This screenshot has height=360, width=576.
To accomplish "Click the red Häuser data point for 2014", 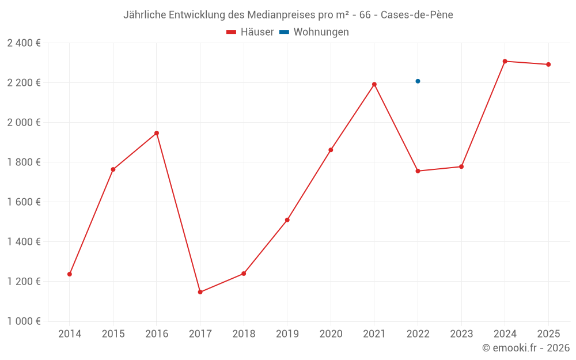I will coord(70,274).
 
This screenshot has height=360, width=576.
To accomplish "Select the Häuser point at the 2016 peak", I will coord(157,133).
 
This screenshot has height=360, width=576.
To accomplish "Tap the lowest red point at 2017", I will coord(200,292).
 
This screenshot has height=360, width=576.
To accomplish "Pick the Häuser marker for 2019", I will coord(287,220).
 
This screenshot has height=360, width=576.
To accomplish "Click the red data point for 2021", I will coord(374,85).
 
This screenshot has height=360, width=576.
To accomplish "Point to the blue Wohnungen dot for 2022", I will coord(418,81).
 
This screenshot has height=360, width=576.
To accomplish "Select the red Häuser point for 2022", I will coord(418,171).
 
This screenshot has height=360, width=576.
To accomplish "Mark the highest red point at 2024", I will coord(505,61).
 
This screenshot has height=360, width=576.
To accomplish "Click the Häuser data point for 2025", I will coord(548,65).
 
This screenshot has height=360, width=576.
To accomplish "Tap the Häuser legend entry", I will coord(250,32).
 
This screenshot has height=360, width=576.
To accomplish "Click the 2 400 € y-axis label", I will coord(24,43).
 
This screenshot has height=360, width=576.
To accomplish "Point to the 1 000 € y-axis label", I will coord(24,321).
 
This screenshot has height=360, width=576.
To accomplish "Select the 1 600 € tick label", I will coord(24,202).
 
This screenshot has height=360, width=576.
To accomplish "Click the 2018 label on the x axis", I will coord(244,334).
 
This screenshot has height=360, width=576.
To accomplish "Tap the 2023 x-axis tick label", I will coord(461,334).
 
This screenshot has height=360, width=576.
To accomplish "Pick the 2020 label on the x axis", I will coord(331,334).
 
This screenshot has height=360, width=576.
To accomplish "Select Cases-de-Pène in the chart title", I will coord(418,15).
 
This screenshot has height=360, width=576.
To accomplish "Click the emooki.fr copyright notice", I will coord(526,348).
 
